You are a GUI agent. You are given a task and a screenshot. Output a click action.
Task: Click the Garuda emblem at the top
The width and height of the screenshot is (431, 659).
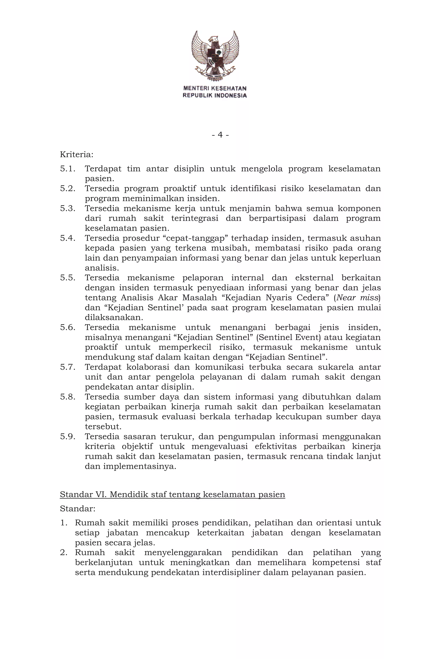[215, 56]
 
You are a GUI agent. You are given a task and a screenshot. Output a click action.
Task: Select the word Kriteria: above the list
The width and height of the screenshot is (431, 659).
[76, 154]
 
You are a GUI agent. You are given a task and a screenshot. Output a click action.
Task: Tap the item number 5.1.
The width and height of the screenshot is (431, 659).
[68, 169]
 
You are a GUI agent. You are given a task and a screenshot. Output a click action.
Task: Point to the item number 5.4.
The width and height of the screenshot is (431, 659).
[68, 238]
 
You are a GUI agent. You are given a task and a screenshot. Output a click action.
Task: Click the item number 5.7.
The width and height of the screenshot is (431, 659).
[68, 367]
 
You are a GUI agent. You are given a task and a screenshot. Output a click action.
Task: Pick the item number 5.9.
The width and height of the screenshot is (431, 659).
[68, 437]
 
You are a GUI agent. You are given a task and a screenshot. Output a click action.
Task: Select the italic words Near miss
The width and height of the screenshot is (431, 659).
[357, 298]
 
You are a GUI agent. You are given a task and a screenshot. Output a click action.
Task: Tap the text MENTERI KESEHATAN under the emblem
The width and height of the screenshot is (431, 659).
[215, 88]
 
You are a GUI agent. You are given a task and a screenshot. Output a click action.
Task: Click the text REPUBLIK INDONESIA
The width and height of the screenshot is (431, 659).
[215, 96]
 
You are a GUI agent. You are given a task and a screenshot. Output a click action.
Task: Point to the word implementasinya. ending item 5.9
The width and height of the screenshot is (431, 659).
[140, 466]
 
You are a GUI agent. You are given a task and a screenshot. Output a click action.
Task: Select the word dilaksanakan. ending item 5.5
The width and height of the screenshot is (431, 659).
[114, 318]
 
